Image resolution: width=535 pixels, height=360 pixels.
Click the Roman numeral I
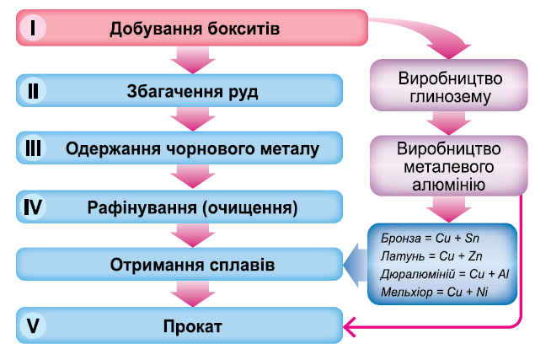[32, 28]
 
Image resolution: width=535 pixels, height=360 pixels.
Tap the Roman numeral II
[33, 89]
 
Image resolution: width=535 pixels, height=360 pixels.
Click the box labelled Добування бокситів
[193, 29]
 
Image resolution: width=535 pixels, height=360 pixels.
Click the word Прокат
[193, 325]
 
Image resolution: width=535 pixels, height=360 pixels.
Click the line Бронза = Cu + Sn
[419, 239]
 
